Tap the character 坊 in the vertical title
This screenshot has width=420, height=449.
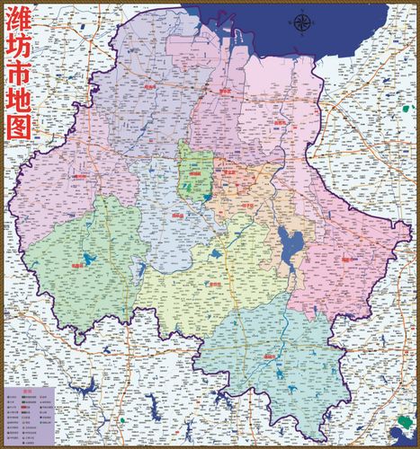click(18, 53)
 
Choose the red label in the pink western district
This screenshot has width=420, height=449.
click(81, 177)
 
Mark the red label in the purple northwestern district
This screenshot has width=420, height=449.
click(148, 88)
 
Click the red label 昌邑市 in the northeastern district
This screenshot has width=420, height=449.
click(281, 123)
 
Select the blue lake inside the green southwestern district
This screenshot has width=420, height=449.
click(88, 260)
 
